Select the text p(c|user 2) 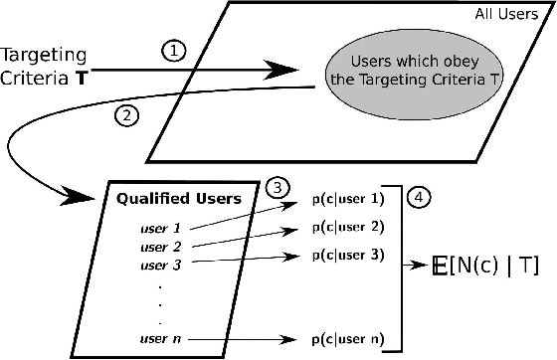click(x=346, y=227)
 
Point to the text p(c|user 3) click(x=346, y=254)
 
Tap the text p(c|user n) click(x=346, y=339)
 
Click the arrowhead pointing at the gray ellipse click(x=287, y=70)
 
